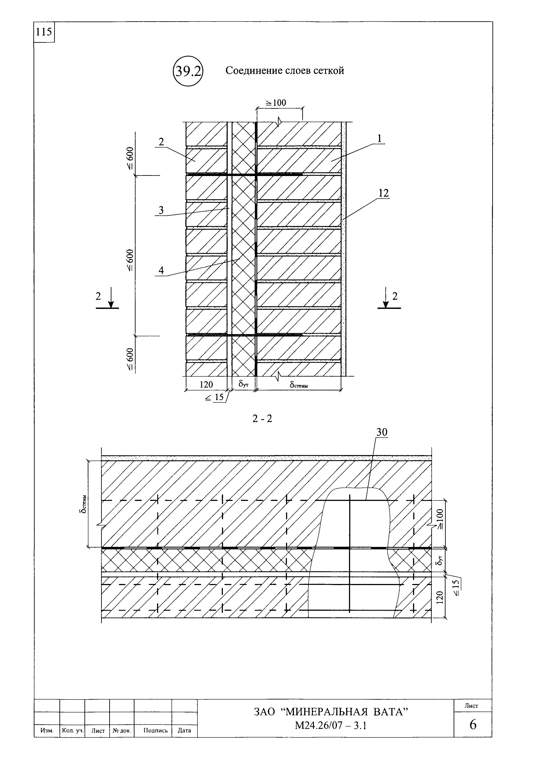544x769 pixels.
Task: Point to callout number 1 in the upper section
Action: pos(379,138)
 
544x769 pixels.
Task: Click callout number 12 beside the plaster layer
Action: pos(383,193)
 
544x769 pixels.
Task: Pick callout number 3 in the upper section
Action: pos(161,210)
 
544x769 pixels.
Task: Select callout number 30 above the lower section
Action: pos(381,432)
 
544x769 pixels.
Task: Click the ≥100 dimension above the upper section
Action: pos(276,103)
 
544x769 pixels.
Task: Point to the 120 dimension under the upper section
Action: pos(206,384)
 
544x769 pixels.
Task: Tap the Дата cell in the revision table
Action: pos(184,730)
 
